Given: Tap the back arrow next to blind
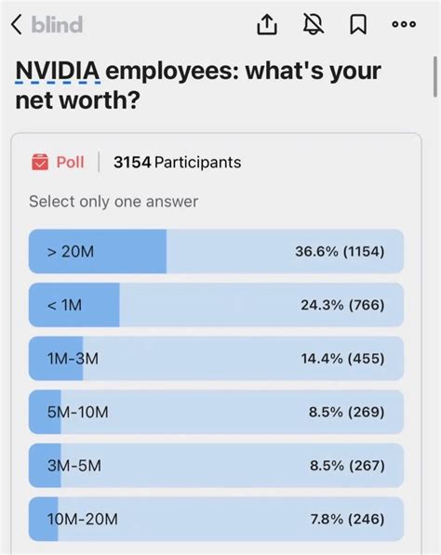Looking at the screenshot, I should pyautogui.click(x=16, y=26).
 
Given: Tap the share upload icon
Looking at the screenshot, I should pyautogui.click(x=267, y=26).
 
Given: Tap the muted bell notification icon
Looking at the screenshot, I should pyautogui.click(x=313, y=26).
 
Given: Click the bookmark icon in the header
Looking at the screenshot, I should pyautogui.click(x=357, y=26).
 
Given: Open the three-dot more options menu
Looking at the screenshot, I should pyautogui.click(x=403, y=26).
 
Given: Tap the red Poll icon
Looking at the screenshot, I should pyautogui.click(x=40, y=163).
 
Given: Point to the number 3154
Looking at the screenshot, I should pyautogui.click(x=131, y=163).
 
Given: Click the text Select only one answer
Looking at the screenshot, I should pyautogui.click(x=114, y=201).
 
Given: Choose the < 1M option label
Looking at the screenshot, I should pyautogui.click(x=64, y=305).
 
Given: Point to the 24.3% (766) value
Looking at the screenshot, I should pyautogui.click(x=340, y=305).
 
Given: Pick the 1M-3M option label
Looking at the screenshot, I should pyautogui.click(x=73, y=359).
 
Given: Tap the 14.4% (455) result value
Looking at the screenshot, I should pyautogui.click(x=339, y=359).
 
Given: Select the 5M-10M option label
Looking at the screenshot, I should pyautogui.click(x=78, y=412).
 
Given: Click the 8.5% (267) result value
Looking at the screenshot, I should pyautogui.click(x=343, y=466).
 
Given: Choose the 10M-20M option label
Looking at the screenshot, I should pyautogui.click(x=83, y=520).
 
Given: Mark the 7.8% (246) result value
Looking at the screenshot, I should pyautogui.click(x=343, y=520).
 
